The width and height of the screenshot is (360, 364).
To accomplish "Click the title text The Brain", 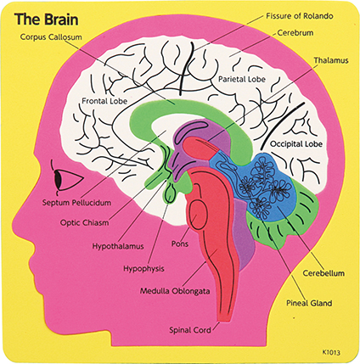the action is pyautogui.click(x=47, y=20).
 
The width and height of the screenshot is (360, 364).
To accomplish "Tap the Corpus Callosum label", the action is pyautogui.click(x=51, y=37).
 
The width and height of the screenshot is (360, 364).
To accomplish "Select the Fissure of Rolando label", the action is pyautogui.click(x=300, y=16).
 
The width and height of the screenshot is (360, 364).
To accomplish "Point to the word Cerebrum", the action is pyautogui.click(x=295, y=33).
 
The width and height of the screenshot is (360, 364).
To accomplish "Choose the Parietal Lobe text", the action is pyautogui.click(x=242, y=80).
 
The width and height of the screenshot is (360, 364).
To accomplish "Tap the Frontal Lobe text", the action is pyautogui.click(x=104, y=101).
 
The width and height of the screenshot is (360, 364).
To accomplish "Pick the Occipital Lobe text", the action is pyautogui.click(x=296, y=144).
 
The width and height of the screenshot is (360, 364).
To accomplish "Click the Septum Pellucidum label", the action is pyautogui.click(x=76, y=203).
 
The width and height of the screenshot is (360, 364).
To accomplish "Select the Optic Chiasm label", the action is pyautogui.click(x=84, y=223).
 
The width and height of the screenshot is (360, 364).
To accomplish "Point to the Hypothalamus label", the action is pyautogui.click(x=118, y=246).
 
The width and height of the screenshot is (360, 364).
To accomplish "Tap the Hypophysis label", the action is pyautogui.click(x=143, y=269).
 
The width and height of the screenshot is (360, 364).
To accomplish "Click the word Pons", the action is pyautogui.click(x=180, y=244).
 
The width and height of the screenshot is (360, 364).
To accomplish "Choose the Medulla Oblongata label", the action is pyautogui.click(x=175, y=291).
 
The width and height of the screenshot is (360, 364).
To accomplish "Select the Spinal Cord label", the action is pyautogui.click(x=190, y=330).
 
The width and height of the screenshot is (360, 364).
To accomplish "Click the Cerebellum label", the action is pyautogui.click(x=323, y=273).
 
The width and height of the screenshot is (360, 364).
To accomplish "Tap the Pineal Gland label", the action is pyautogui.click(x=309, y=303).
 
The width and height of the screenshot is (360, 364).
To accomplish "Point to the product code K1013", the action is pyautogui.click(x=331, y=352).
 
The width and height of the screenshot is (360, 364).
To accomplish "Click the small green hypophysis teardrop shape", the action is pyautogui.click(x=171, y=193).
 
